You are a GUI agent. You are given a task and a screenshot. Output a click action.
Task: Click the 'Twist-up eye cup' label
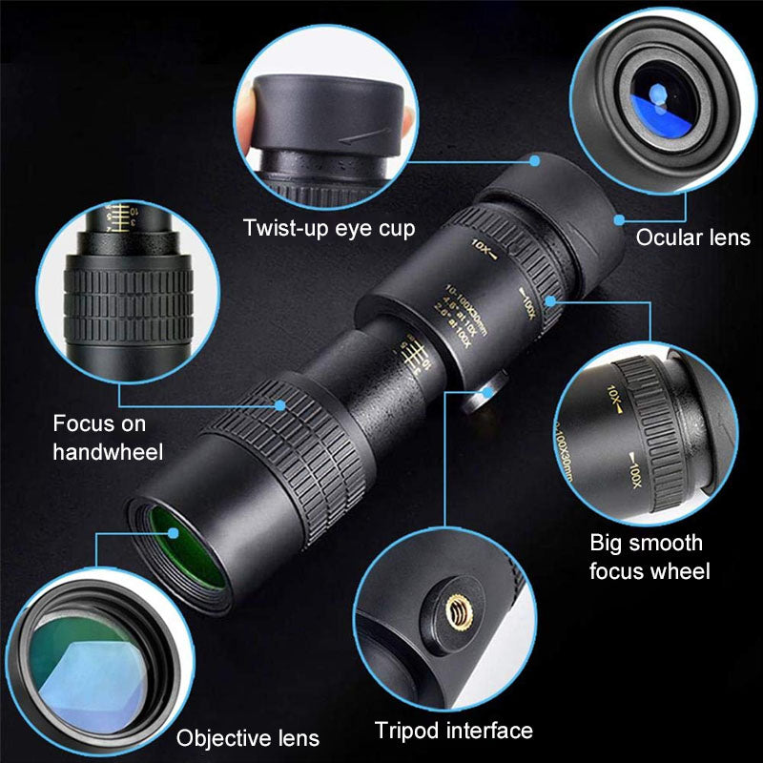(329, 229)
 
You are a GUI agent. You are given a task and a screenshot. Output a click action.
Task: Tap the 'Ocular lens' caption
(692, 238)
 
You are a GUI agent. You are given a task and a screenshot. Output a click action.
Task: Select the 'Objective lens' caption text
(248, 737)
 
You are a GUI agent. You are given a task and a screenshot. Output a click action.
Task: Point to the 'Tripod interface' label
(453, 732)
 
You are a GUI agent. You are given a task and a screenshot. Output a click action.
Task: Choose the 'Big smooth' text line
(646, 544)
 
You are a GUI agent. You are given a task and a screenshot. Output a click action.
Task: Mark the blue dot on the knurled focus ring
(280, 404)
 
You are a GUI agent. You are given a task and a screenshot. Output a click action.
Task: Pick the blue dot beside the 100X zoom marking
(552, 301)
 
